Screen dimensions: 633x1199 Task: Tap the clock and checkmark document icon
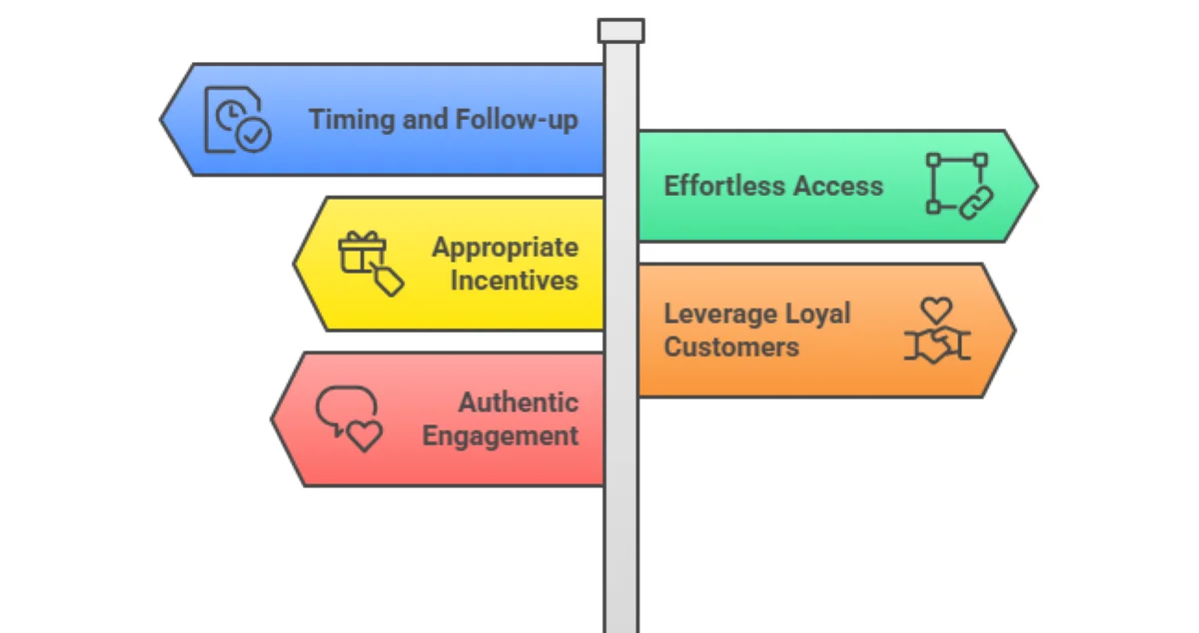(237, 120)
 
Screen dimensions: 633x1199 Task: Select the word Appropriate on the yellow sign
(505, 247)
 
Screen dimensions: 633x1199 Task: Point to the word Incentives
(514, 281)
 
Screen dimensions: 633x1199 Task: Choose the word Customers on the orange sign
(731, 347)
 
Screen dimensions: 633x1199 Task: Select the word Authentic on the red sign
(518, 402)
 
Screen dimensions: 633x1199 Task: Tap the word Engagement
(500, 436)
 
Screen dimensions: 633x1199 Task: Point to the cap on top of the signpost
(620, 30)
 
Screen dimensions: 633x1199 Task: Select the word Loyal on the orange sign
(817, 314)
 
